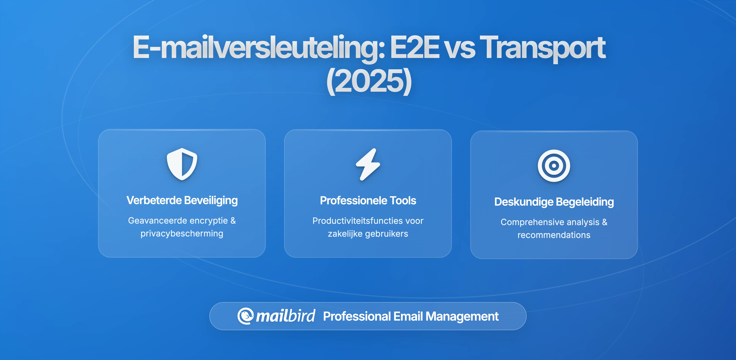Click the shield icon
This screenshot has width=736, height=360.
click(182, 164)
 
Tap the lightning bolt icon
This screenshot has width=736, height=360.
click(368, 164)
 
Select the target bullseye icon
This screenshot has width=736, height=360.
click(554, 166)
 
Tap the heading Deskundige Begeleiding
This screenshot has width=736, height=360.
click(554, 202)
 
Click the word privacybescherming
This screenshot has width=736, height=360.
click(182, 233)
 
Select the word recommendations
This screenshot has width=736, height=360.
click(554, 235)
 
